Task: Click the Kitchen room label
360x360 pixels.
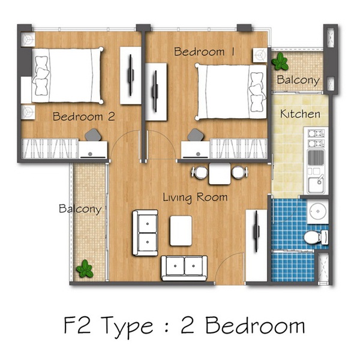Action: [300, 114]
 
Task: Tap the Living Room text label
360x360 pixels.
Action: [195, 197]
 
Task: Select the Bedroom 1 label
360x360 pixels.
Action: [205, 52]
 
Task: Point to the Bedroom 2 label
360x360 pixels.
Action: [84, 116]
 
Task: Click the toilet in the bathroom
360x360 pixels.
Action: [316, 237]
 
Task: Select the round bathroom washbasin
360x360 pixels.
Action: [318, 211]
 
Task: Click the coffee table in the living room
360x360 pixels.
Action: [181, 230]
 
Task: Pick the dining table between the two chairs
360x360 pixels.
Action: [220, 173]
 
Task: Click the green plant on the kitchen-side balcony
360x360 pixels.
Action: [280, 61]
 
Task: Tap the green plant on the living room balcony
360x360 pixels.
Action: [85, 269]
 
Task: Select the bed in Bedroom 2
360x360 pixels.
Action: [67, 75]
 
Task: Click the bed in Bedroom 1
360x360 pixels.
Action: [231, 92]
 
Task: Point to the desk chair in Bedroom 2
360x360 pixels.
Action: [93, 135]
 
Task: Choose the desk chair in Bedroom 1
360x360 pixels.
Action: [196, 135]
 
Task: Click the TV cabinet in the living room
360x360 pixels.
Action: [256, 245]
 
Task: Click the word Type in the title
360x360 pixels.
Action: [127, 326]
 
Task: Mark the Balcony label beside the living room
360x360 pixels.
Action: [80, 209]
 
